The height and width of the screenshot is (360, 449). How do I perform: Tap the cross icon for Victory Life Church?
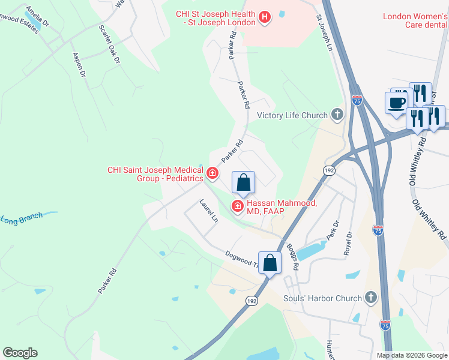(x=337, y=115)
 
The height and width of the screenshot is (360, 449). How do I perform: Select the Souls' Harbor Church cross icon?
(x=371, y=298)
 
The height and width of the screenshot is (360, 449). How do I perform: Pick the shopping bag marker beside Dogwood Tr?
(x=270, y=262)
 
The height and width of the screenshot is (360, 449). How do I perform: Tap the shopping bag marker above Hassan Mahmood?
(x=243, y=183)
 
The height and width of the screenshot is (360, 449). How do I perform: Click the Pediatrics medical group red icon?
(x=212, y=174)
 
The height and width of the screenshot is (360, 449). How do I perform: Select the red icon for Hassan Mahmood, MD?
(x=238, y=207)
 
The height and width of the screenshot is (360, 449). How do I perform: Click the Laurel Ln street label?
(x=208, y=211)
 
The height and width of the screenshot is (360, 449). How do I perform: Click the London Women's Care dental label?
(x=415, y=20)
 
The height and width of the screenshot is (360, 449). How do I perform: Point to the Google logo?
(x=20, y=353)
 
